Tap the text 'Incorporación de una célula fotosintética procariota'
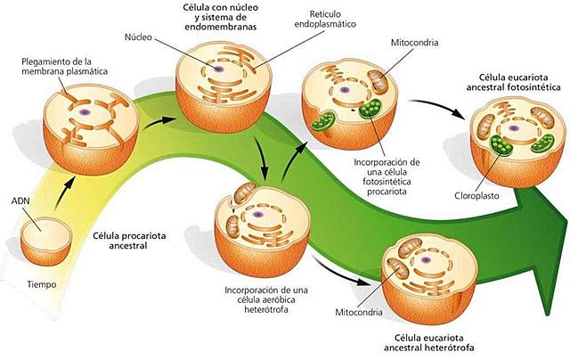(x=385, y=179)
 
